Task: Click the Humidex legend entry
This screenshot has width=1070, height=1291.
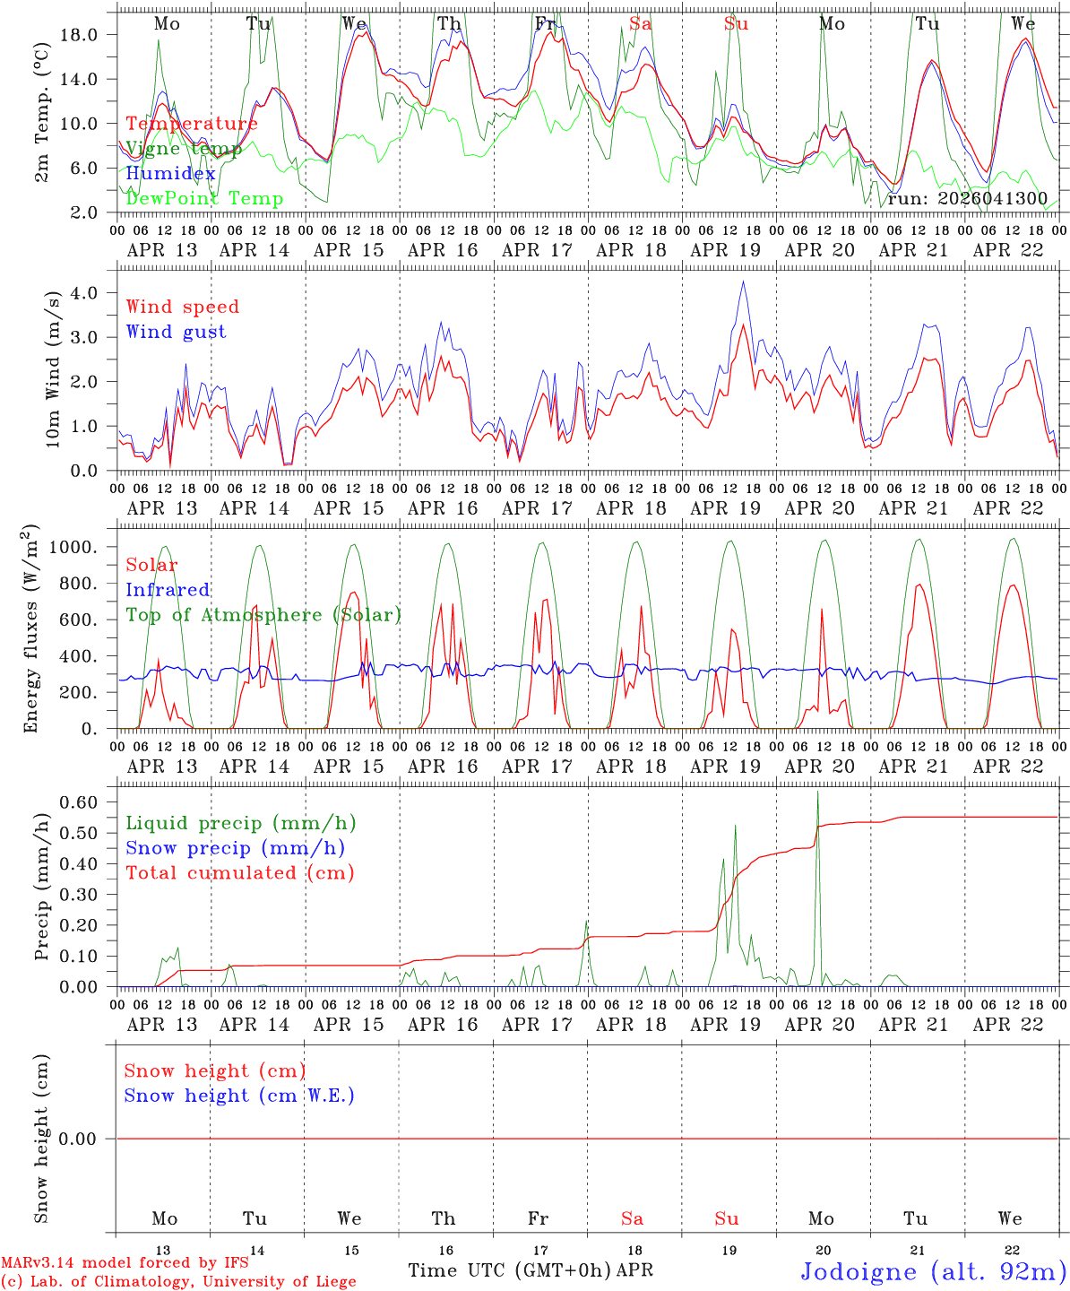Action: point(170,174)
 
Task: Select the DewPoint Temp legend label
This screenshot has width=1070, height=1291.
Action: point(204,199)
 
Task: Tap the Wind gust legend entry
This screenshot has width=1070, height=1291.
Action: point(176,332)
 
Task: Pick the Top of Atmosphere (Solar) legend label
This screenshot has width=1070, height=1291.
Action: point(263,615)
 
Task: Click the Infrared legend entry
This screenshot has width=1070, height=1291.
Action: point(168,590)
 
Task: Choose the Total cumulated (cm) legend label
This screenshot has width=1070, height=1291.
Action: point(239,872)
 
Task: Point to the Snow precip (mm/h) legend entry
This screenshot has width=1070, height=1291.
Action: point(235,848)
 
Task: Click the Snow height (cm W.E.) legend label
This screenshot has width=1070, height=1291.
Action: point(239,1096)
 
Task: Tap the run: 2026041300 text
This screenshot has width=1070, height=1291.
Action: point(967,199)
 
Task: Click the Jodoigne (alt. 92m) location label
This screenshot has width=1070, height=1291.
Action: point(933,1271)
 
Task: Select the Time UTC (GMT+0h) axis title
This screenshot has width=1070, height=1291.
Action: point(510,1270)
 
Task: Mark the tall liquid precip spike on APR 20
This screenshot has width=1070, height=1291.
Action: point(817,793)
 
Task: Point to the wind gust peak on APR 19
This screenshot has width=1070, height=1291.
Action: point(743,282)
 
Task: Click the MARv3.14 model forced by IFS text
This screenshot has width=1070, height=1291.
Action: point(125,1263)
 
